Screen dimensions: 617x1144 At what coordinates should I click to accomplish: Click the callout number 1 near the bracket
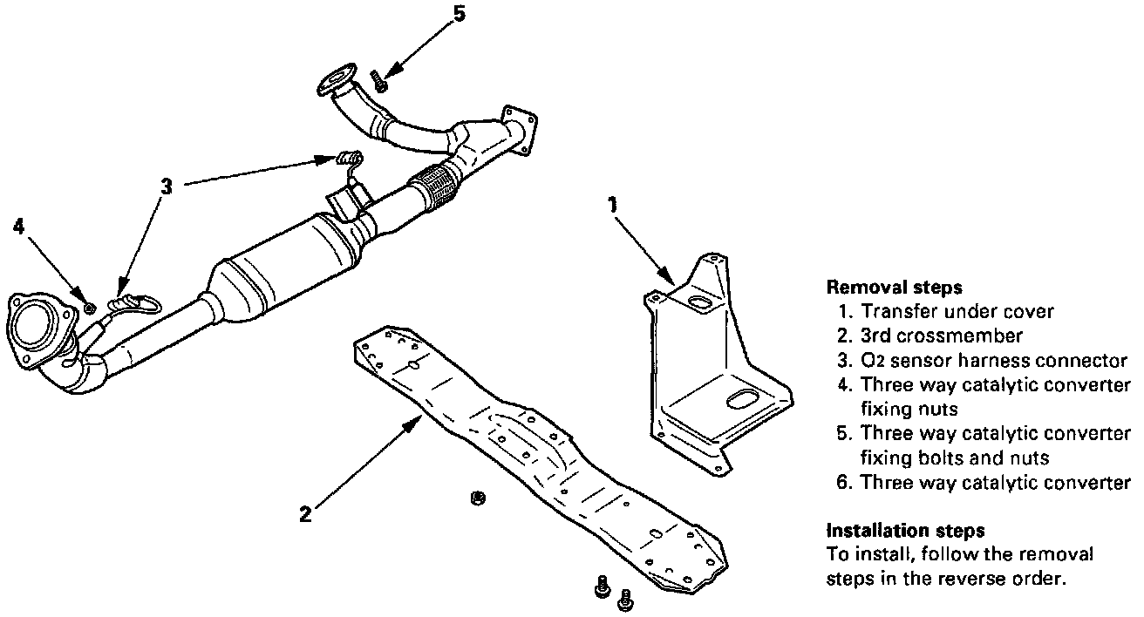(x=613, y=205)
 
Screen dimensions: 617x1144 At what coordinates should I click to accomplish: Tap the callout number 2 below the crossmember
(x=304, y=514)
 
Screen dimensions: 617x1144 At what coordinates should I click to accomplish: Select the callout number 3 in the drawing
(x=167, y=186)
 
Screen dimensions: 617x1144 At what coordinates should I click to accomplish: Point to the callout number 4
(x=19, y=227)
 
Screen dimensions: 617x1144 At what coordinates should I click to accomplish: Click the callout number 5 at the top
(x=460, y=14)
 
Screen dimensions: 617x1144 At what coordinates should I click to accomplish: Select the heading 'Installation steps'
(x=893, y=530)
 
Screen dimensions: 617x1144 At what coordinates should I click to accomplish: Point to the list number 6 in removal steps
(x=842, y=482)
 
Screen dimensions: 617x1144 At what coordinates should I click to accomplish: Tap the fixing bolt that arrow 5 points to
(x=379, y=83)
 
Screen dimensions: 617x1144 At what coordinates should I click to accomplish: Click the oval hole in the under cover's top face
(x=701, y=302)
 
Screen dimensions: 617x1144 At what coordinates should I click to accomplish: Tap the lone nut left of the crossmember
(x=476, y=498)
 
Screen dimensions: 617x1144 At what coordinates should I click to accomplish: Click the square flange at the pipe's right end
(x=517, y=131)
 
